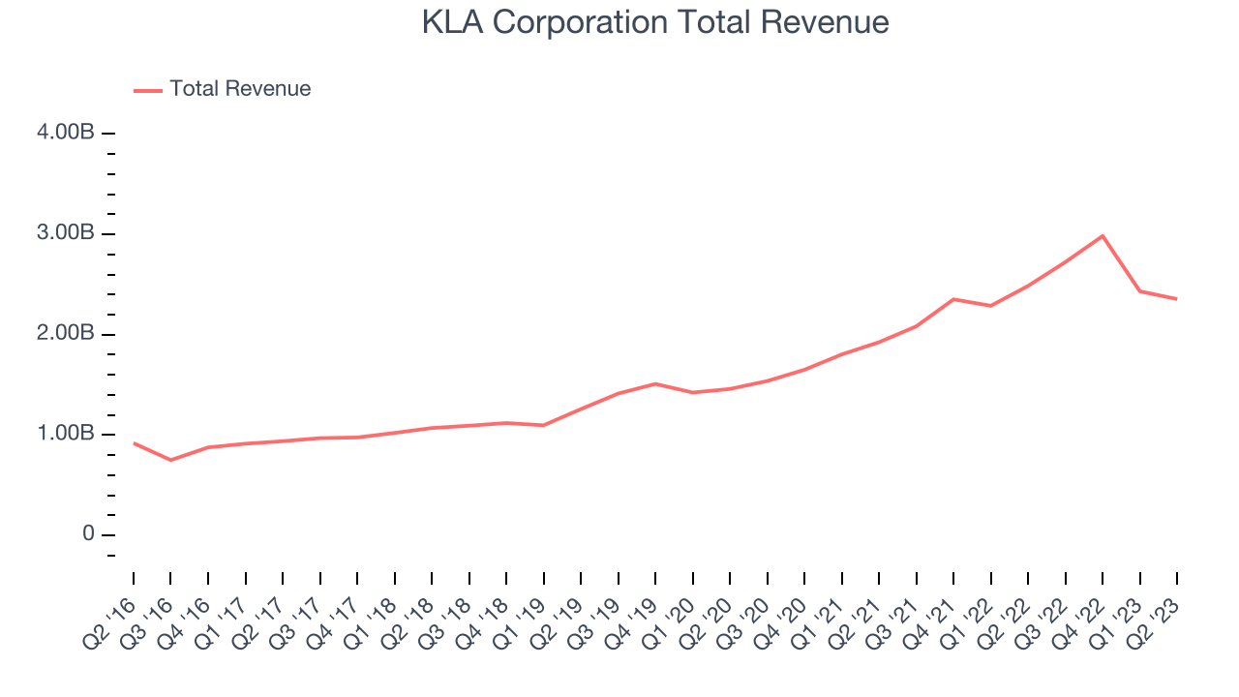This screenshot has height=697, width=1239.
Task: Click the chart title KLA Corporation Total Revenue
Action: coord(655,21)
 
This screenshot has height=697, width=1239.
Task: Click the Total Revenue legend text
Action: coord(240,89)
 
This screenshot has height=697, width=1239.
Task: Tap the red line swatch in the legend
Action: coord(147,90)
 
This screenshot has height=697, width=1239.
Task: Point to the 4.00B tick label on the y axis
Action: coord(66,133)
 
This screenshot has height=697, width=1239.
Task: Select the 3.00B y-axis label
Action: coord(66,233)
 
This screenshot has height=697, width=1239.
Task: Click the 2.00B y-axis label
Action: coord(66,334)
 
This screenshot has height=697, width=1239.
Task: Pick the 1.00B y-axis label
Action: coord(66,434)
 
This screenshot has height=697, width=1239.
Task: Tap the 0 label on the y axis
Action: coord(88,534)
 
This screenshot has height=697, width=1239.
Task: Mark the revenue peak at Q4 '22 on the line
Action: coord(1103,236)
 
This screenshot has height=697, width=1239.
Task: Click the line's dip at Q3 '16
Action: coord(170,460)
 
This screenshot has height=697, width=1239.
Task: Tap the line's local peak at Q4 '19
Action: coord(655,383)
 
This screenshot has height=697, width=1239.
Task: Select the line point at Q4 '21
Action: coord(953,299)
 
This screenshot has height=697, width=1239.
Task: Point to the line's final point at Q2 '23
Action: coord(1177,299)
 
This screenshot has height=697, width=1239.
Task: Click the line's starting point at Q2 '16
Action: coord(134,443)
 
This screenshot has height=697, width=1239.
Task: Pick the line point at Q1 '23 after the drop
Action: coord(1139,291)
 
